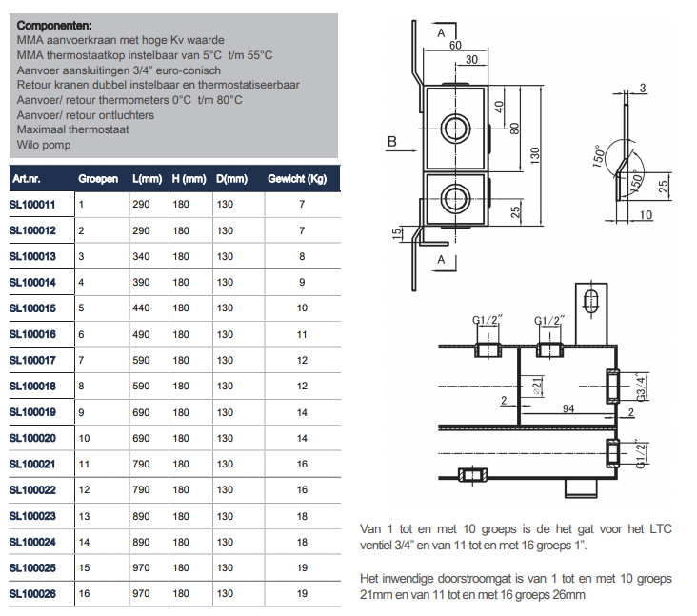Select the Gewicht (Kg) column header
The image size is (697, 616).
coord(297,179)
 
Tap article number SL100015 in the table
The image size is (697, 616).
coord(32,308)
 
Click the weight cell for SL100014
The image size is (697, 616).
coord(303,283)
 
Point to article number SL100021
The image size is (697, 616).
coord(32,464)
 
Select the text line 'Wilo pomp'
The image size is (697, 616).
coord(44,146)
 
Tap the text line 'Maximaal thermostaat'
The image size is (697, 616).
coord(72,130)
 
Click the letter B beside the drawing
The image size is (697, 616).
coord(391,143)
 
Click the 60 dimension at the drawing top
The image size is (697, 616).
coord(454,45)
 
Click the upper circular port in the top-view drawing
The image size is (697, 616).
coord(454,126)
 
